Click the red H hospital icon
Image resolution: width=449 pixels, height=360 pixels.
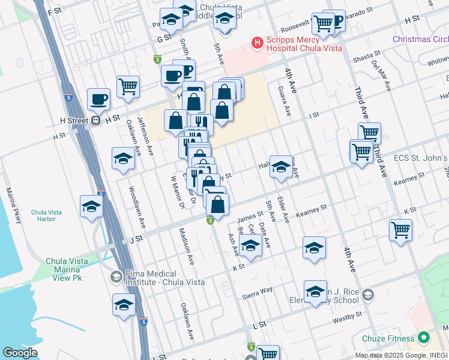[257, 42]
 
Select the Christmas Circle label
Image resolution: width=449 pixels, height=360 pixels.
[420, 39]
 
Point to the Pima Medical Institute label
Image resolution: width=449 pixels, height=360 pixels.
[164, 278]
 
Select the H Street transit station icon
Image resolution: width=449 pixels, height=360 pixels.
[95, 120]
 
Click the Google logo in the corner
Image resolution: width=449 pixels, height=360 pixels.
[19, 353]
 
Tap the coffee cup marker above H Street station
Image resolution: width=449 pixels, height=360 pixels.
[98, 99]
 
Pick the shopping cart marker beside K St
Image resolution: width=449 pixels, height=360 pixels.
[400, 230]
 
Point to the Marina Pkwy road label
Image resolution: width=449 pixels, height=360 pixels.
[14, 205]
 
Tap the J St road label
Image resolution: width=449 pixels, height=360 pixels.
[136, 238]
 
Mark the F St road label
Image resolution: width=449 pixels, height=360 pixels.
[55, 11]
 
